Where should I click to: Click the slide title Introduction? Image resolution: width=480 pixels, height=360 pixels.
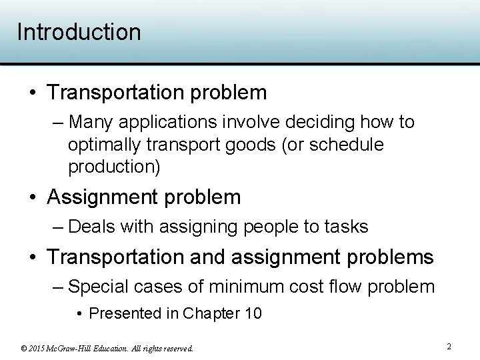tap(79, 32)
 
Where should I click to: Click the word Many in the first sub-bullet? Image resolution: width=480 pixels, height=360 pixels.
tap(91, 122)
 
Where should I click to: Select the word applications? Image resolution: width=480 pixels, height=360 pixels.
tap(167, 122)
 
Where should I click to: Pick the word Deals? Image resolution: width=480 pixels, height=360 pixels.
tap(93, 227)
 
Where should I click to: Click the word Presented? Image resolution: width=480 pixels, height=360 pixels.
tap(127, 313)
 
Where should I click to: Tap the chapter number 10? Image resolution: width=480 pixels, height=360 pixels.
tap(253, 313)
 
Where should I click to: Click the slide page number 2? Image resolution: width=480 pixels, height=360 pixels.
tap(449, 347)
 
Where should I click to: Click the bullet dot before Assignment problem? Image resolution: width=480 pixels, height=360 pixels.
tap(32, 198)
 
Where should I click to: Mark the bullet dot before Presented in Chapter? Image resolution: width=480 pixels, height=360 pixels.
tap(79, 314)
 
